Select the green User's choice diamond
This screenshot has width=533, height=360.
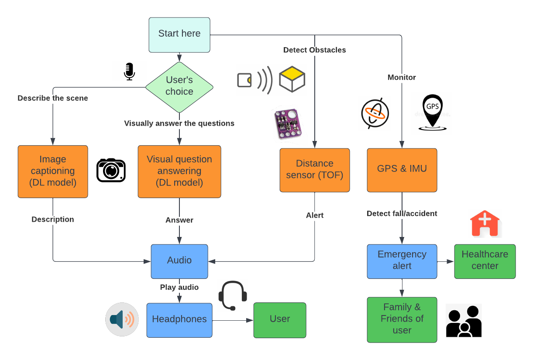(x=179, y=86)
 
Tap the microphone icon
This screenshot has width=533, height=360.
(x=129, y=72)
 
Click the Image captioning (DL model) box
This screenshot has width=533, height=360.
(x=53, y=171)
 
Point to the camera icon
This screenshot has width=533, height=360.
(x=111, y=170)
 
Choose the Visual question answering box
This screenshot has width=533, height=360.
(x=179, y=171)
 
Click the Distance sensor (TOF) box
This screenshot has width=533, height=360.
(x=314, y=170)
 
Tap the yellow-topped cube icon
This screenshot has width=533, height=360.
(x=292, y=79)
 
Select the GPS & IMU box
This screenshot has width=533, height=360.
(x=402, y=170)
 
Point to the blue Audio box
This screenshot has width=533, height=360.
(x=179, y=261)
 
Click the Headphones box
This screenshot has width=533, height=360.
(x=179, y=319)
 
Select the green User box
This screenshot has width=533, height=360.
(x=279, y=319)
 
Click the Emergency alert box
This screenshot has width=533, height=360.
(x=402, y=261)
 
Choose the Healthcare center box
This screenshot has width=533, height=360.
(x=485, y=261)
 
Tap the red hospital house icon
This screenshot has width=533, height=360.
(x=485, y=223)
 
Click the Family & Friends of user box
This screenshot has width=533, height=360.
(x=402, y=319)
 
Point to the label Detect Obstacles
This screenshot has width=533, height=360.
(x=314, y=50)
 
